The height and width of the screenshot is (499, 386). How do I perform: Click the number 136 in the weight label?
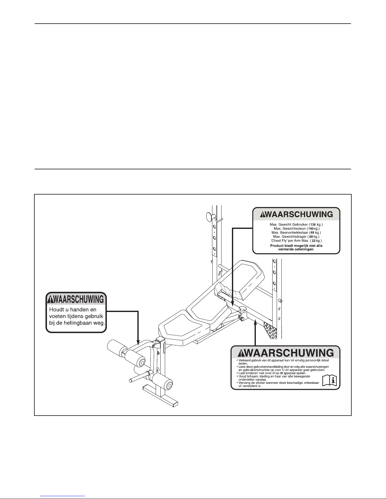point(313,224)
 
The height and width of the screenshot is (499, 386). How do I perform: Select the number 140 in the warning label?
point(311,229)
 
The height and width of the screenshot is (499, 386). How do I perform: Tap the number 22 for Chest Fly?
point(314,241)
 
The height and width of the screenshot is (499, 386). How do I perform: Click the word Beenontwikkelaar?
point(294,232)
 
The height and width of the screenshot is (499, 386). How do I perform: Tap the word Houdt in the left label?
point(56,309)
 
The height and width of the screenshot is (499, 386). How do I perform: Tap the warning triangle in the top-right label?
point(262,214)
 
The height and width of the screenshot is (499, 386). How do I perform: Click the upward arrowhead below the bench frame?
point(255,323)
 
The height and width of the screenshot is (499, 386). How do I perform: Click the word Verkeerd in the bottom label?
point(245,360)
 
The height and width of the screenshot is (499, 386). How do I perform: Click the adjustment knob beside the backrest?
point(242,309)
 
